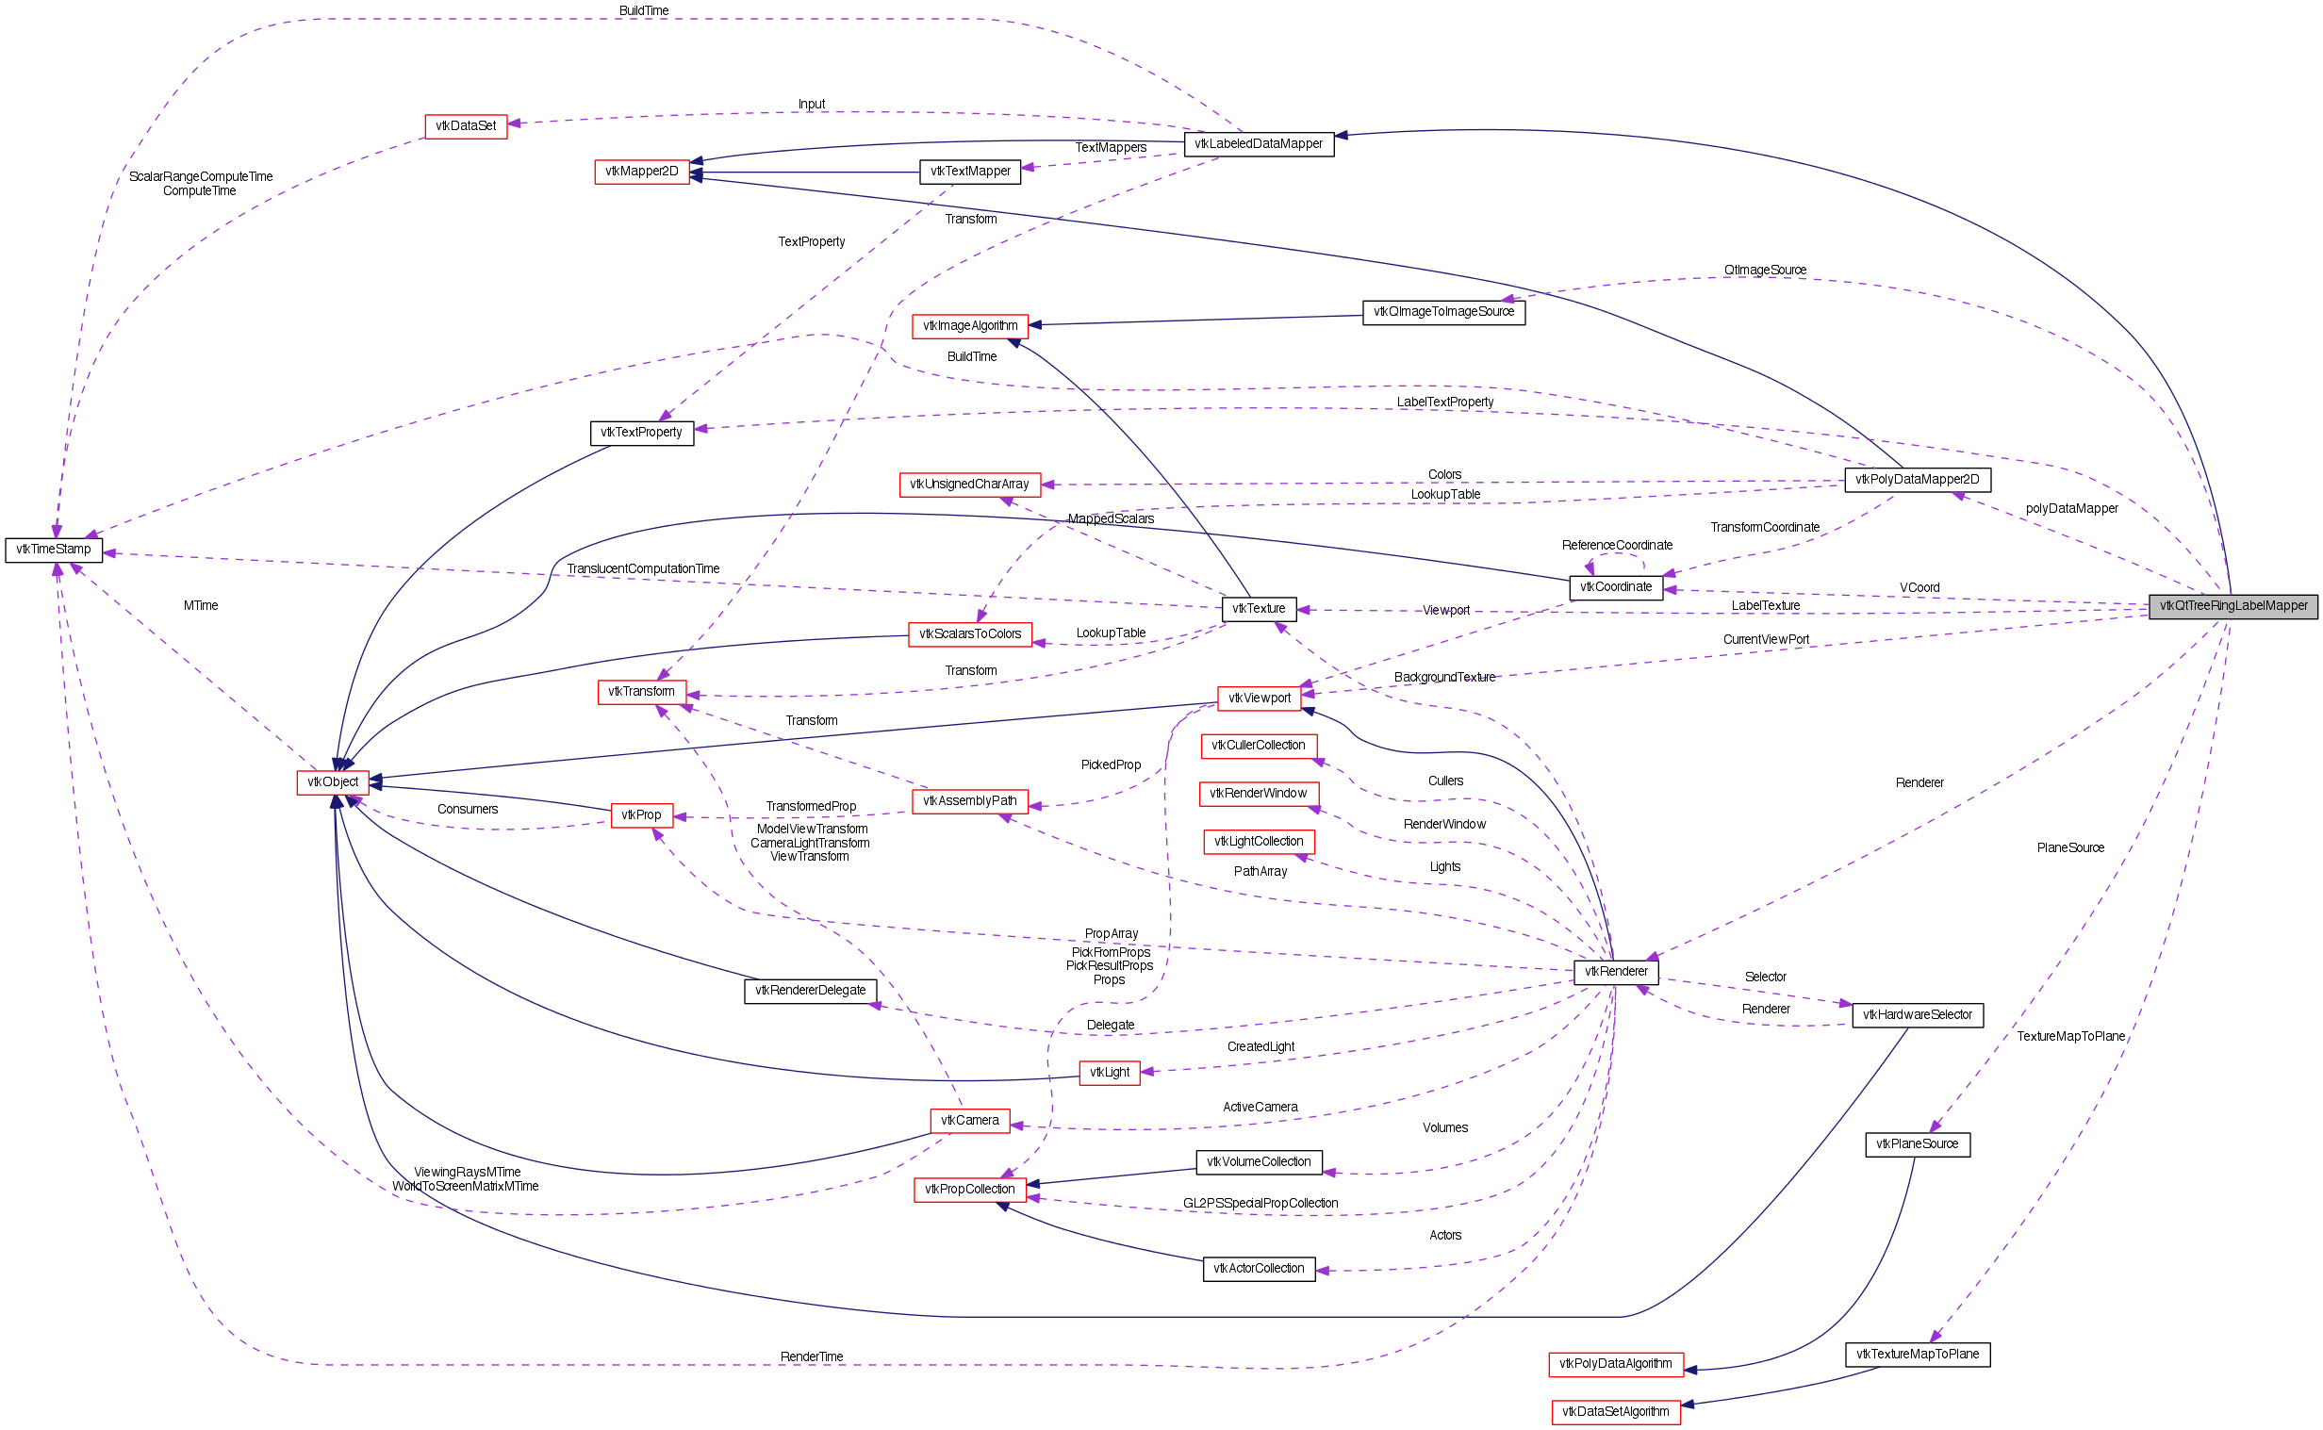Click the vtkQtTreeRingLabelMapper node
tap(2232, 606)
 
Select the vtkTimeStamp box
tap(54, 550)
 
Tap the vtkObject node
tap(333, 782)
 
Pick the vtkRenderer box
tap(1616, 971)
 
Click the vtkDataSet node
tap(466, 125)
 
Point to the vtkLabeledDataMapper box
tap(1258, 144)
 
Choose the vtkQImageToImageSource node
tap(1443, 312)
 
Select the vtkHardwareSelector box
tap(1918, 1015)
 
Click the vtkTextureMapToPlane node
tap(1918, 1355)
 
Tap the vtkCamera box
tap(969, 1121)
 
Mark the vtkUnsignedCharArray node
tap(969, 485)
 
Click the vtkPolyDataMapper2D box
tap(1918, 480)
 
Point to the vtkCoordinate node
tap(1616, 587)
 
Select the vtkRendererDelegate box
tap(811, 990)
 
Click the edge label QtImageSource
tap(1765, 271)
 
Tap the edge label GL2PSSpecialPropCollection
tap(1260, 1203)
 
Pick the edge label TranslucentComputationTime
tap(643, 568)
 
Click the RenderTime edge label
tap(812, 1356)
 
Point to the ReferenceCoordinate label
tap(1618, 545)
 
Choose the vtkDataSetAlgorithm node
tap(1616, 1412)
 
